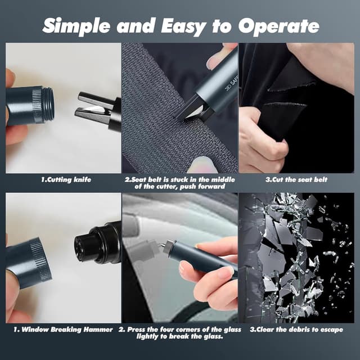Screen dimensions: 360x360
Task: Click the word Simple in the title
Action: pyautogui.click(x=76, y=26)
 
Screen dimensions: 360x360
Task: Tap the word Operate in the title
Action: pyautogui.click(x=278, y=26)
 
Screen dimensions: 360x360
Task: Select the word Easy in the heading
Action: pyautogui.click(x=183, y=26)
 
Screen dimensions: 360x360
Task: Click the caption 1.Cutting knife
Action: pyautogui.click(x=66, y=179)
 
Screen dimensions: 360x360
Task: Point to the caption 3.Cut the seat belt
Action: pyautogui.click(x=296, y=179)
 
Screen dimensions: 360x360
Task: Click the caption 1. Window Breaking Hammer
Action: pyautogui.click(x=63, y=330)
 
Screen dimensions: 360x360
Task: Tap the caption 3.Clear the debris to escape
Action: pyautogui.click(x=296, y=330)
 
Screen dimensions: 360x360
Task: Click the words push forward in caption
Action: pyautogui.click(x=202, y=186)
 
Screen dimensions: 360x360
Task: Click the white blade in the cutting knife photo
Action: pyautogui.click(x=96, y=109)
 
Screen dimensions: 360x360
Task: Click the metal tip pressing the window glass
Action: pyautogui.click(x=163, y=246)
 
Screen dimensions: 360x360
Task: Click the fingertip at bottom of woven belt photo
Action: pyautogui.click(x=202, y=165)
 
